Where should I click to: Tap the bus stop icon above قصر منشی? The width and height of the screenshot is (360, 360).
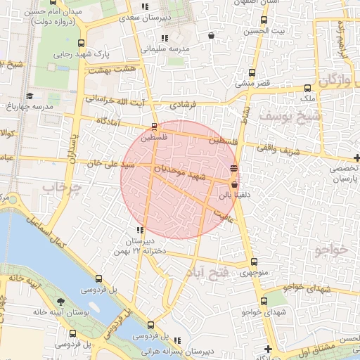[x=252, y=72]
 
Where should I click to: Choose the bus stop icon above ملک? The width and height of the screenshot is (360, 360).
[x=307, y=89]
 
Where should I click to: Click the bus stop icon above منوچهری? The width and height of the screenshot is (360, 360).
[x=254, y=262]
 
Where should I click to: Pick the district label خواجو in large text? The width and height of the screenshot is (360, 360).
[x=332, y=250]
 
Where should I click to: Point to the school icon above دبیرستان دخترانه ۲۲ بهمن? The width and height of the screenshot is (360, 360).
[x=141, y=230]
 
